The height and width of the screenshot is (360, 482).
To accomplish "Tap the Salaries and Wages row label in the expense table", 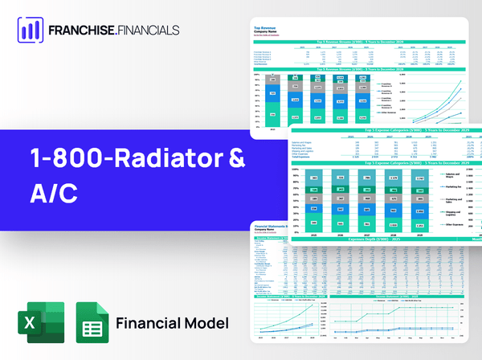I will point(306,141).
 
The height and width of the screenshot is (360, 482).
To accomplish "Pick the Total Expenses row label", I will point(305,157).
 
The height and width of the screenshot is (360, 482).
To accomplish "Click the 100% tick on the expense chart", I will point(296,169).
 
